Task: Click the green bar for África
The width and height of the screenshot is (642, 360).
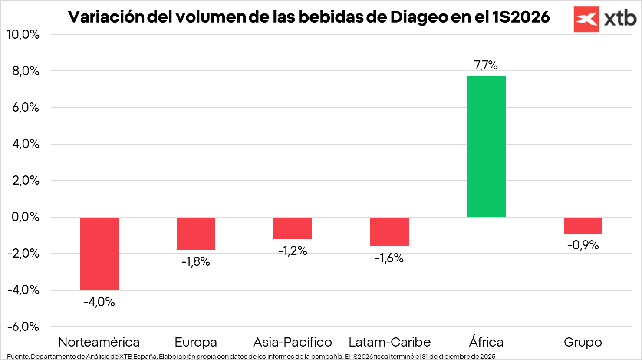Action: pos(486,146)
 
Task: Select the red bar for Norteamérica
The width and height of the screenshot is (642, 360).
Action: pos(99,254)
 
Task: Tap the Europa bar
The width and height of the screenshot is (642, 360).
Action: pos(196,234)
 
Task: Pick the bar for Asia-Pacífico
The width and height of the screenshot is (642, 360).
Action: pos(293,228)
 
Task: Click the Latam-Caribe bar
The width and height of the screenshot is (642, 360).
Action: pos(389,231)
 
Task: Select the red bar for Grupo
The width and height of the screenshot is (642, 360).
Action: pos(583,225)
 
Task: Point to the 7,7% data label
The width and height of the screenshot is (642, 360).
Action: pos(486,65)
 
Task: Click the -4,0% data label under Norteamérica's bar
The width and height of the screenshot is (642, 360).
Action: pos(99,302)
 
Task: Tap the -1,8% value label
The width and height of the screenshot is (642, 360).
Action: pos(196,261)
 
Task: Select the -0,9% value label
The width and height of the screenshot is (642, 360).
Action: pos(583,245)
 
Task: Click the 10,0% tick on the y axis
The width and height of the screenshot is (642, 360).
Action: pos(23,34)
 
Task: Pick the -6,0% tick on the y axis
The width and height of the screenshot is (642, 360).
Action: pos(23,327)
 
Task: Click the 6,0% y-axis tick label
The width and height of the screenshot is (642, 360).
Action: pos(26,107)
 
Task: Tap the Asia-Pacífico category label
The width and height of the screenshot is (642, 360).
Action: pos(293,342)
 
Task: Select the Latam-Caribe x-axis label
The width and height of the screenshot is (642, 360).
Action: pos(389,342)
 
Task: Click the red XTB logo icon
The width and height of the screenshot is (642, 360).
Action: pos(586,19)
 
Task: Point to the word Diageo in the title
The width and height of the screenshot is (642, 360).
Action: pos(419,17)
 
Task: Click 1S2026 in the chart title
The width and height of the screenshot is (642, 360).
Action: pos(521,17)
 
